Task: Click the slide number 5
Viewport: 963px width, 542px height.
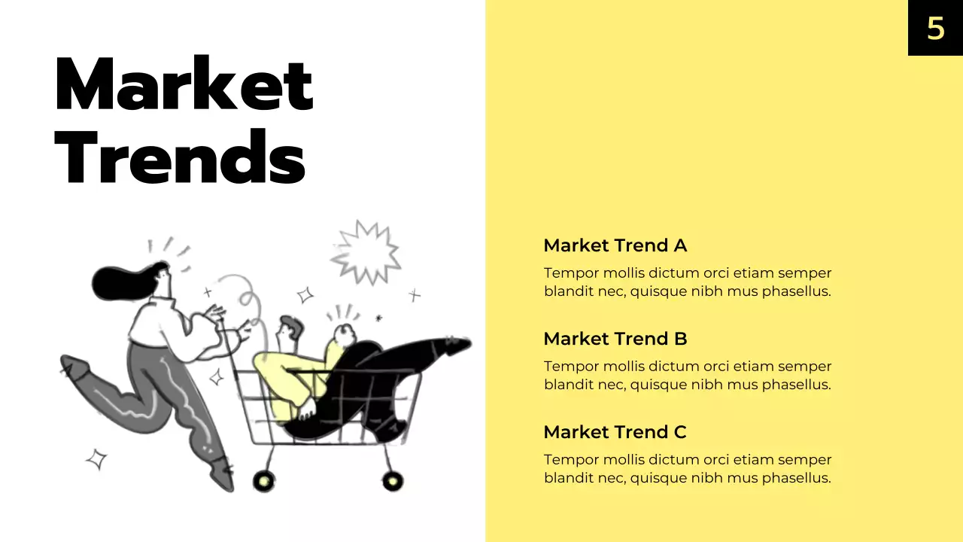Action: pyautogui.click(x=935, y=29)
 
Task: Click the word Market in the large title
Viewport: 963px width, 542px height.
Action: pyautogui.click(x=184, y=84)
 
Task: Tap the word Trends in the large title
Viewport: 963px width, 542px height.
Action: pyautogui.click(x=181, y=157)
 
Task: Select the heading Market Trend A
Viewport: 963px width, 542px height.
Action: pyautogui.click(x=615, y=245)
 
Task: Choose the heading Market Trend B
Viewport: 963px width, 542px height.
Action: pyautogui.click(x=615, y=339)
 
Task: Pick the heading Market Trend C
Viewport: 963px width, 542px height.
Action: pyautogui.click(x=615, y=432)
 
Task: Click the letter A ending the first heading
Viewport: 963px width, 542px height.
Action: pyautogui.click(x=680, y=245)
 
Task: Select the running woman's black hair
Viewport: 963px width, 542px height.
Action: pyautogui.click(x=120, y=282)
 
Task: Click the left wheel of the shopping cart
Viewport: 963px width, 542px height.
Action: pyautogui.click(x=264, y=480)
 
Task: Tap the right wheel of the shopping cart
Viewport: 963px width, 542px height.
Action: pyautogui.click(x=392, y=480)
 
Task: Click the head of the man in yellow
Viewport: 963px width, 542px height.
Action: pyautogui.click(x=290, y=328)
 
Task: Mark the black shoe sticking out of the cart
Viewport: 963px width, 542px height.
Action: pyautogui.click(x=454, y=346)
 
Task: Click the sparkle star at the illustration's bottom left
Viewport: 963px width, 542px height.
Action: pyautogui.click(x=96, y=458)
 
